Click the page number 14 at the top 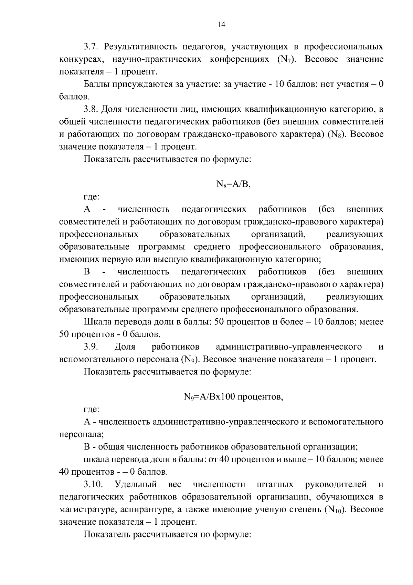[221, 24]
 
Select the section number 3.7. [92, 47]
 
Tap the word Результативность [140, 47]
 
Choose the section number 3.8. [92, 110]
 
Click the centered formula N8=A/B [234, 184]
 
